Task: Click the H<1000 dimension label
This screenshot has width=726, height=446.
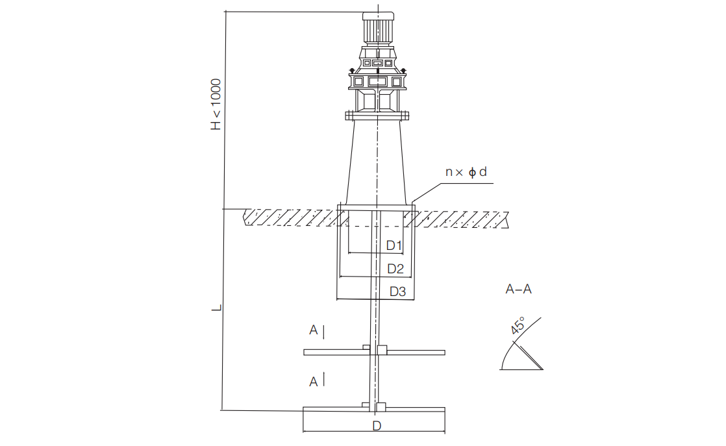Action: pos(216,105)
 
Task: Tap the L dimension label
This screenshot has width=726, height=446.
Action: pos(216,308)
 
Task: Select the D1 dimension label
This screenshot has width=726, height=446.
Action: pos(394,245)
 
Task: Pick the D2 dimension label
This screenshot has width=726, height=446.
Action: pos(395,268)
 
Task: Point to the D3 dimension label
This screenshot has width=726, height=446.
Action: pos(397,291)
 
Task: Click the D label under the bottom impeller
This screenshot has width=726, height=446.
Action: pos(377,426)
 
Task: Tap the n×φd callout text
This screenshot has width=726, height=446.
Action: pos(466,172)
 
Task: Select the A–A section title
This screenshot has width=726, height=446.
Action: pos(519,290)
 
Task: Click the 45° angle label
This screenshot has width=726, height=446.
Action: pos(518,326)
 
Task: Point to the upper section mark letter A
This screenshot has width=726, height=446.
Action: pos(314,330)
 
